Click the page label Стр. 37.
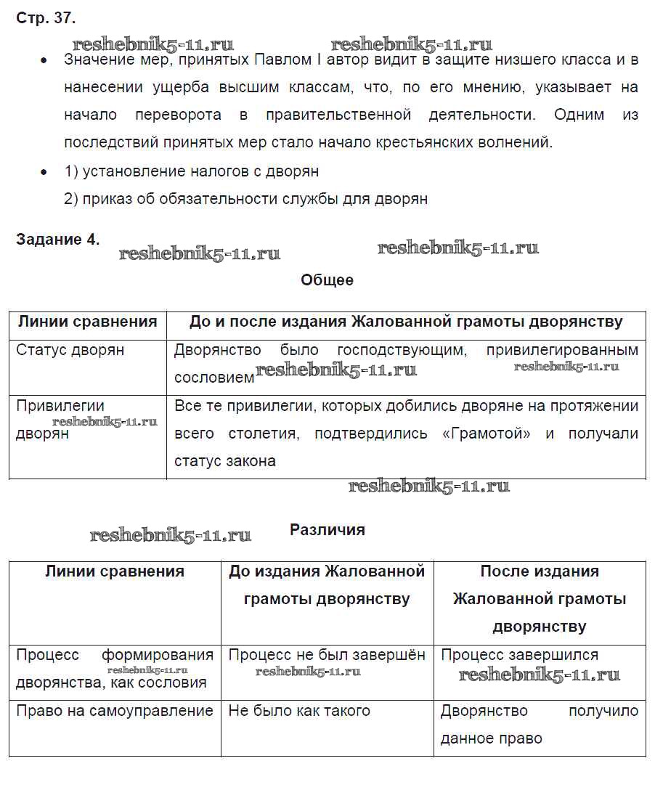[46, 18]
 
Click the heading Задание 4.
[58, 240]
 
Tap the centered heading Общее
[327, 280]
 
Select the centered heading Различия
[327, 529]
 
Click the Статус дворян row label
[70, 350]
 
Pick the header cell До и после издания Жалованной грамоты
[406, 322]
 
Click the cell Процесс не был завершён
[327, 655]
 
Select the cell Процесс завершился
[519, 655]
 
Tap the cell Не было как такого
[299, 711]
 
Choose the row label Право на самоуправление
[115, 711]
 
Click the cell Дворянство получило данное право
[539, 725]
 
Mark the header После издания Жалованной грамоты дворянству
[540, 599]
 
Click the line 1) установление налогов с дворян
[191, 171]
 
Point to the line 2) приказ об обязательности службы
[245, 199]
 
